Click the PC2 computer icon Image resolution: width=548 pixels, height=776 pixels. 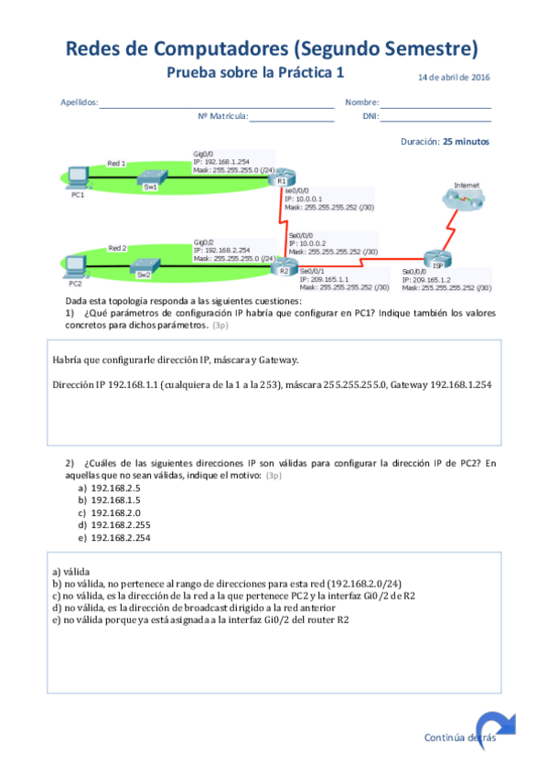pos(76,264)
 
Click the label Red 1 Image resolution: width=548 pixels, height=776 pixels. pos(116,162)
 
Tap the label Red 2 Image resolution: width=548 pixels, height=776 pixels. pos(117,248)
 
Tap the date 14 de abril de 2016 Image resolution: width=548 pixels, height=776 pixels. pos(454,77)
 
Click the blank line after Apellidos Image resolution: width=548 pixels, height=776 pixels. pos(217,106)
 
